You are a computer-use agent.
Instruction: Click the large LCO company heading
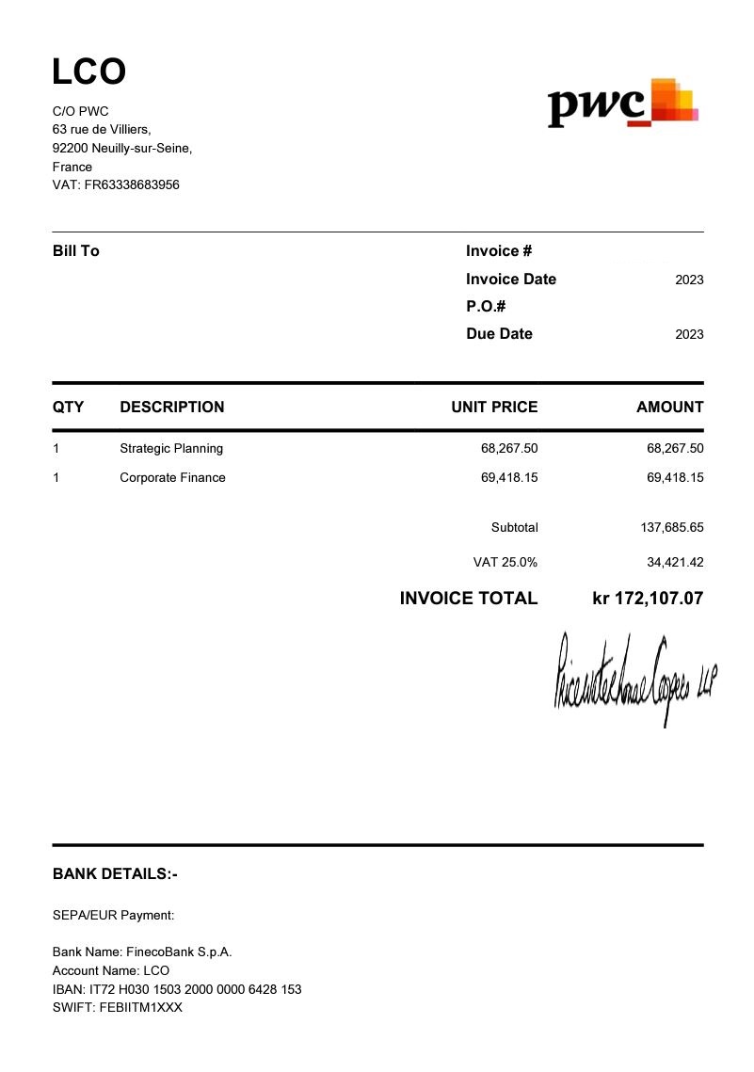89,72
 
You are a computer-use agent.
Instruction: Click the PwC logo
623,104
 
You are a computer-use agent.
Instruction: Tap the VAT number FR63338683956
116,185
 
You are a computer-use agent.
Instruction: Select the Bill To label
76,251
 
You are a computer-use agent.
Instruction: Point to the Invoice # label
499,251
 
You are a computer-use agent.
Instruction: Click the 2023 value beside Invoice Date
689,280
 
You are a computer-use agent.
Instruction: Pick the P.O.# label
487,307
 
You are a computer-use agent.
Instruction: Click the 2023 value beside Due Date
689,334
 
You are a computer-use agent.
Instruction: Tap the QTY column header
68,408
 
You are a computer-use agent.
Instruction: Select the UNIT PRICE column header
494,408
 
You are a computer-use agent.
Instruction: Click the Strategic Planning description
171,449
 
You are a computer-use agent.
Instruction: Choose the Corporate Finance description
172,478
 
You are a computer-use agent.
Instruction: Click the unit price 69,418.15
509,478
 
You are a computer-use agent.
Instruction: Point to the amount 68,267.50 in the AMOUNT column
675,449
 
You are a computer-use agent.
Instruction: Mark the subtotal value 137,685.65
672,528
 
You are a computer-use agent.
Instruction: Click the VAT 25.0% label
505,563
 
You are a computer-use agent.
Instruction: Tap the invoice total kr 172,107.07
648,599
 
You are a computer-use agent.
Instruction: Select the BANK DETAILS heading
115,874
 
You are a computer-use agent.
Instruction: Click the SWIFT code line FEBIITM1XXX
118,1008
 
